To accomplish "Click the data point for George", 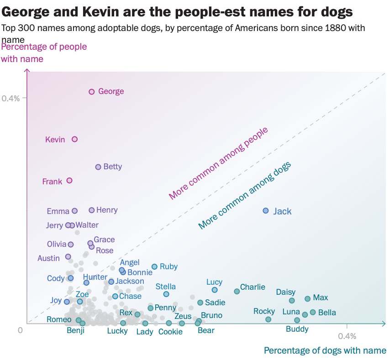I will tap(91, 92).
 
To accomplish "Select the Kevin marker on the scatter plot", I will tap(75, 139).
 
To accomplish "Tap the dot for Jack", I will tap(266, 211).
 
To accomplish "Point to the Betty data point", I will tap(98, 167).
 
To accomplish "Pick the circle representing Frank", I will tap(69, 181).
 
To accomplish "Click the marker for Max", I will tap(307, 299).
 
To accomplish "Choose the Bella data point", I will tap(313, 312).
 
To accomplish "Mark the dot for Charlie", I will tap(237, 291).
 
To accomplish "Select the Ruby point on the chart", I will tap(154, 267).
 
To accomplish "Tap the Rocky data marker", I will tap(268, 319).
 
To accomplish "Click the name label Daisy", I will tap(286, 292).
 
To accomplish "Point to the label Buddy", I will tap(297, 329).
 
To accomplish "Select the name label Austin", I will tap(48, 258).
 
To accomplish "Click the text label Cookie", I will tap(170, 332).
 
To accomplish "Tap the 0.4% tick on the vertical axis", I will tap(11, 98).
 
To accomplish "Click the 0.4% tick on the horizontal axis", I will tap(347, 336).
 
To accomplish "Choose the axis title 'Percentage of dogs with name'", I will tap(325, 350).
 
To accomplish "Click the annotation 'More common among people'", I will tap(218, 163).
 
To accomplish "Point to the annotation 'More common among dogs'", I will tap(245, 196).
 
